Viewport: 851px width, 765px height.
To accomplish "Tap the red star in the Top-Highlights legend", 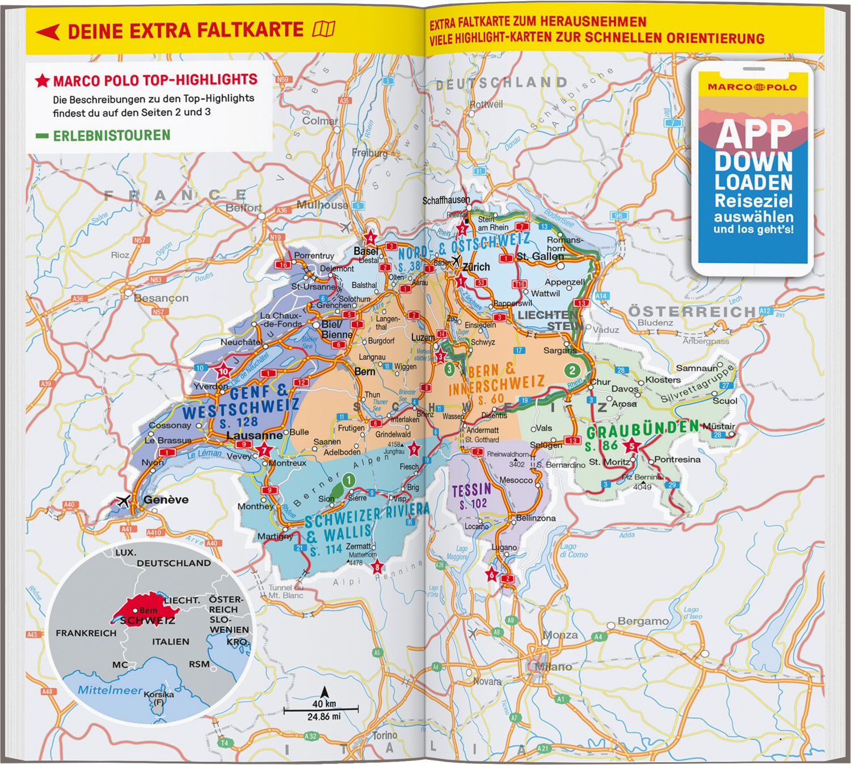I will coord(42,81).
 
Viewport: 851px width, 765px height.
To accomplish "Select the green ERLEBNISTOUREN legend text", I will coord(111,136).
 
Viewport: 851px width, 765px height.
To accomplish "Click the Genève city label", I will coord(166,500).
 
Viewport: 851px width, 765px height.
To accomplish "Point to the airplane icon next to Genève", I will coord(123,501).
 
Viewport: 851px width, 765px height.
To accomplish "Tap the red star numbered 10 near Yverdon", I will coord(224,372).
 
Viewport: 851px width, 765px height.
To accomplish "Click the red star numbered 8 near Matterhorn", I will coord(377,566).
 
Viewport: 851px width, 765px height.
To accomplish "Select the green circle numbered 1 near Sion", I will coord(348,481).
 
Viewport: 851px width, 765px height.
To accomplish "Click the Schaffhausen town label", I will coord(446,200).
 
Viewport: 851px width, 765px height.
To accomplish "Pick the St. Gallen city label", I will coord(540,257).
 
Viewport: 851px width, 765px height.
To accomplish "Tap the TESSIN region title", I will coord(471,490).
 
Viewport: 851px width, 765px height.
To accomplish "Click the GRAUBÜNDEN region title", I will coord(642,430).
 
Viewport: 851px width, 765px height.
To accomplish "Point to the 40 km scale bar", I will coord(321,709).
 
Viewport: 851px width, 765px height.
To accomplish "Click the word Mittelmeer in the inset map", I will coord(110,690).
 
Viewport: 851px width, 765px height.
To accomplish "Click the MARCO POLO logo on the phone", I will coord(752,87).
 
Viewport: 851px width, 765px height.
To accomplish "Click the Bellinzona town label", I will coord(536,518).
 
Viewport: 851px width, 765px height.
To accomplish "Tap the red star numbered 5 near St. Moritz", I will coord(631,446).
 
